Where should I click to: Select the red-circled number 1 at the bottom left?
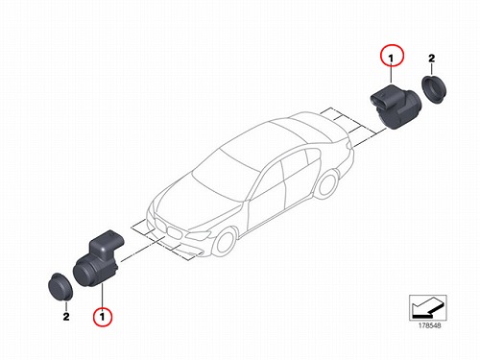pyautogui.click(x=103, y=317)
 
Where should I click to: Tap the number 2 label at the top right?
pyautogui.click(x=432, y=59)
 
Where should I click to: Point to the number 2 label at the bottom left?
pyautogui.click(x=66, y=317)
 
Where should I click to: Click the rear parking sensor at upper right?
pyautogui.click(x=396, y=107)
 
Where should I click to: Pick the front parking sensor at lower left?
pyautogui.click(x=98, y=258)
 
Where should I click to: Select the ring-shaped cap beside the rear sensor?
pyautogui.click(x=434, y=89)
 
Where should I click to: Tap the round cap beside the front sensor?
pyautogui.click(x=60, y=287)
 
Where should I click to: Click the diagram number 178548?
pyautogui.click(x=429, y=325)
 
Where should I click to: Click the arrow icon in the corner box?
pyautogui.click(x=427, y=307)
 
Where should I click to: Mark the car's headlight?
pyautogui.click(x=199, y=235)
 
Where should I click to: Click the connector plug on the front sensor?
pyautogui.click(x=106, y=242)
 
